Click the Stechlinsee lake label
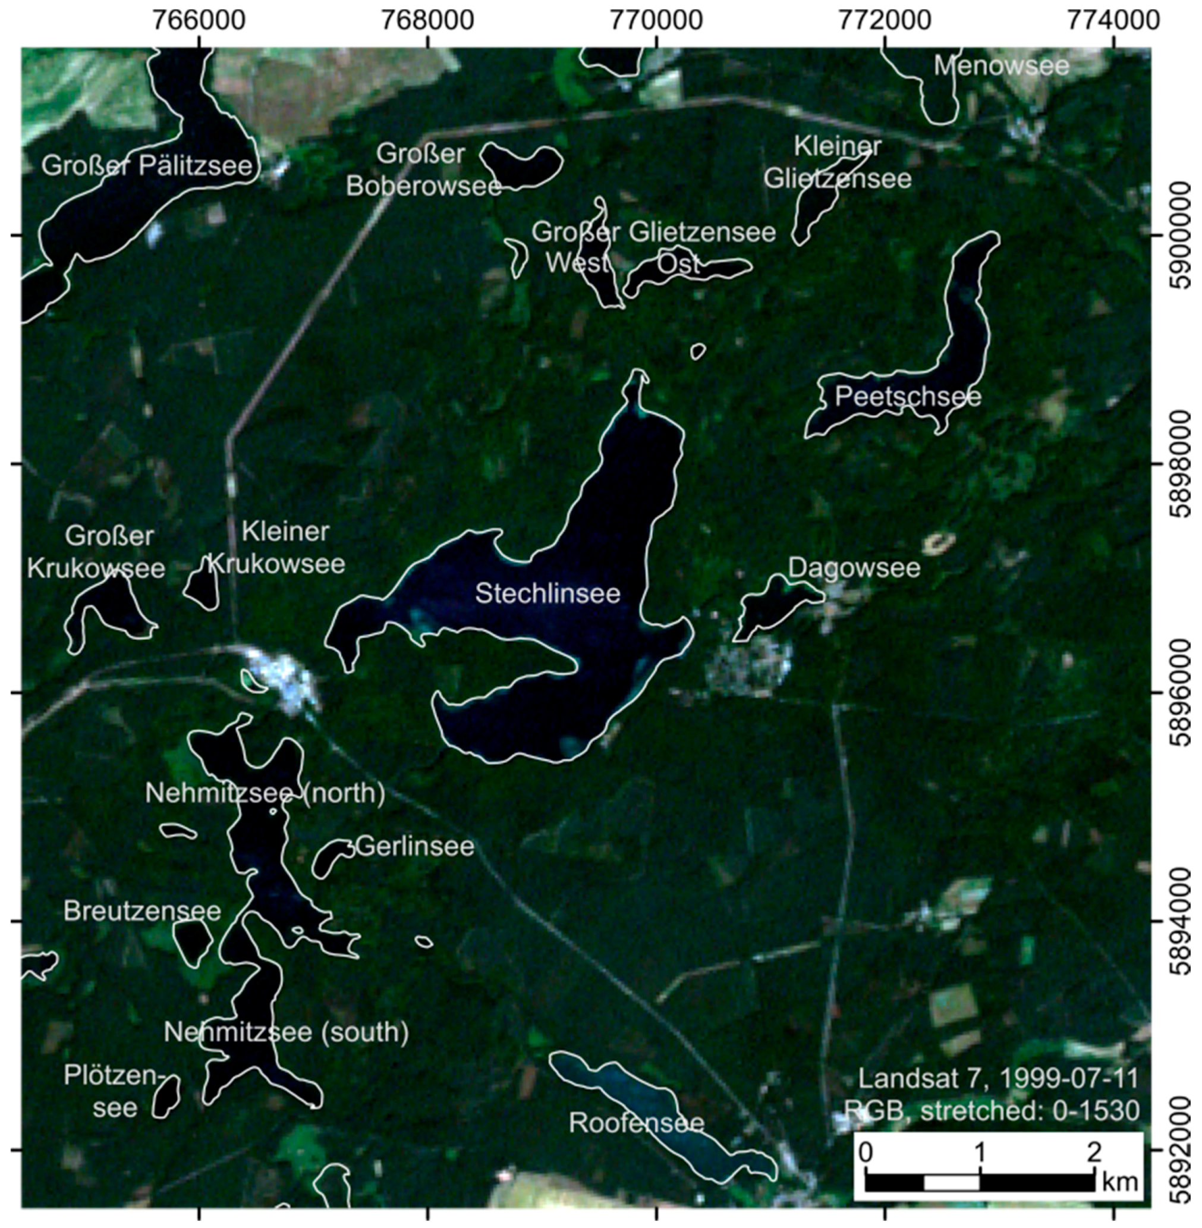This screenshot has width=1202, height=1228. tap(547, 593)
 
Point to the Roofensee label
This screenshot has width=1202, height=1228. tap(636, 1123)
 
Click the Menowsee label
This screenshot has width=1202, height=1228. tap(1001, 65)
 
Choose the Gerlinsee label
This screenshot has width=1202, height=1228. tap(415, 846)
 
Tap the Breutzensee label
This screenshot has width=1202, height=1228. tap(142, 910)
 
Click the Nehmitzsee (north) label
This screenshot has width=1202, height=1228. tap(265, 793)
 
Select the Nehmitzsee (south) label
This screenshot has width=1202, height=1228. tap(286, 1032)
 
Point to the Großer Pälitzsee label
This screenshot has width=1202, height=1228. tap(146, 166)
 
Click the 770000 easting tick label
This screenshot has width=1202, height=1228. tap(656, 21)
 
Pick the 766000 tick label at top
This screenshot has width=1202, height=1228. tap(200, 21)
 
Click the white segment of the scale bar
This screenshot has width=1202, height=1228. tap(951, 1182)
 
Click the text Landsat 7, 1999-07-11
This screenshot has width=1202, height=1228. tap(998, 1078)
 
